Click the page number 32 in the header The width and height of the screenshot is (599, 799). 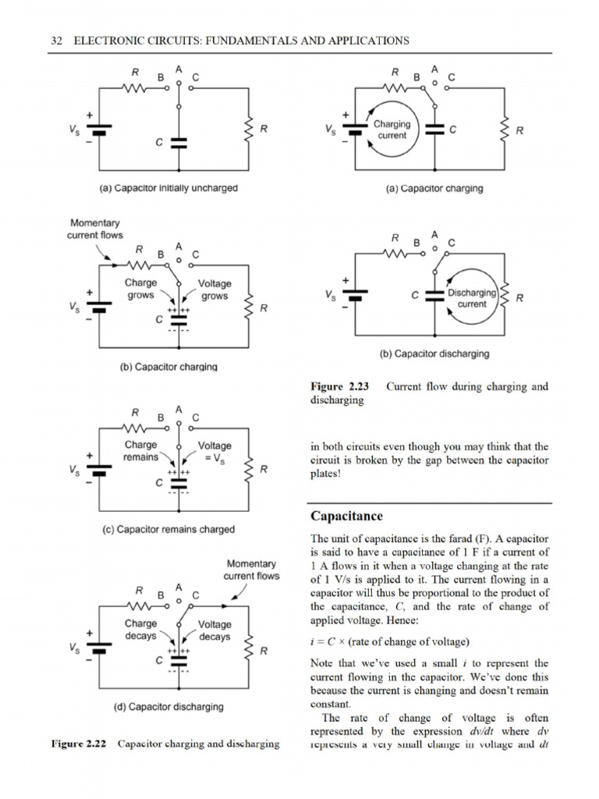pyautogui.click(x=55, y=41)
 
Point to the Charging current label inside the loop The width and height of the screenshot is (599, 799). pyautogui.click(x=391, y=130)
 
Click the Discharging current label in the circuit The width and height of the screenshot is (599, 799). pyautogui.click(x=472, y=298)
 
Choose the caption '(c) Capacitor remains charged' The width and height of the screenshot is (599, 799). pyautogui.click(x=168, y=529)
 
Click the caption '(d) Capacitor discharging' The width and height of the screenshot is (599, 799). pyautogui.click(x=168, y=707)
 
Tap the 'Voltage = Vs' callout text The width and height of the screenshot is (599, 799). pyautogui.click(x=214, y=451)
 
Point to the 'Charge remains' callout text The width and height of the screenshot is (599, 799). pyautogui.click(x=141, y=451)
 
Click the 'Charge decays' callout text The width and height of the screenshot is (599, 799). pyautogui.click(x=141, y=630)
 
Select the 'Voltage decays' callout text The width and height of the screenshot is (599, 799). pyautogui.click(x=214, y=630)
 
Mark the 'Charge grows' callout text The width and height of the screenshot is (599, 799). pyautogui.click(x=141, y=289)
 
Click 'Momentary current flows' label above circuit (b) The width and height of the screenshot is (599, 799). pyautogui.click(x=97, y=229)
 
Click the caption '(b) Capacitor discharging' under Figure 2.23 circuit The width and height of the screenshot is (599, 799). pyautogui.click(x=434, y=353)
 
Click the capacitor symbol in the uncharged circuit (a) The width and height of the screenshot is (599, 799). pyautogui.click(x=179, y=143)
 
